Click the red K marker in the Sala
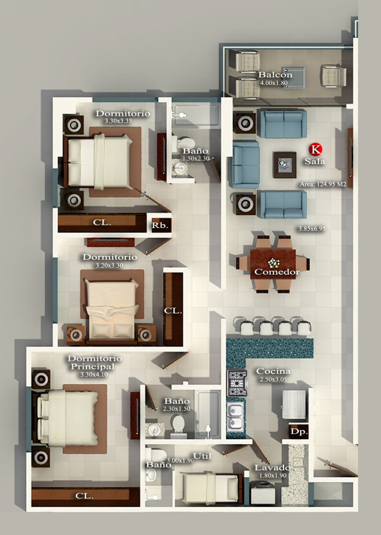315,149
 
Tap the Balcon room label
275,75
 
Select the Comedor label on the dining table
277,272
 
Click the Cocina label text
273,371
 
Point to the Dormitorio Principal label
95,362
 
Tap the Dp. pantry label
299,432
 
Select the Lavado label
273,468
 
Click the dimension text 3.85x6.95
312,229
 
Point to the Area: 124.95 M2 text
323,185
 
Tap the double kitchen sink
236,416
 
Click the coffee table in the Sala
285,165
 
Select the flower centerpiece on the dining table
273,263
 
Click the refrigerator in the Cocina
294,405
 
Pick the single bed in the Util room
209,488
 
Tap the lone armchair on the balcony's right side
334,76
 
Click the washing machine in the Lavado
263,493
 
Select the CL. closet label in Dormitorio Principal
84,496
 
